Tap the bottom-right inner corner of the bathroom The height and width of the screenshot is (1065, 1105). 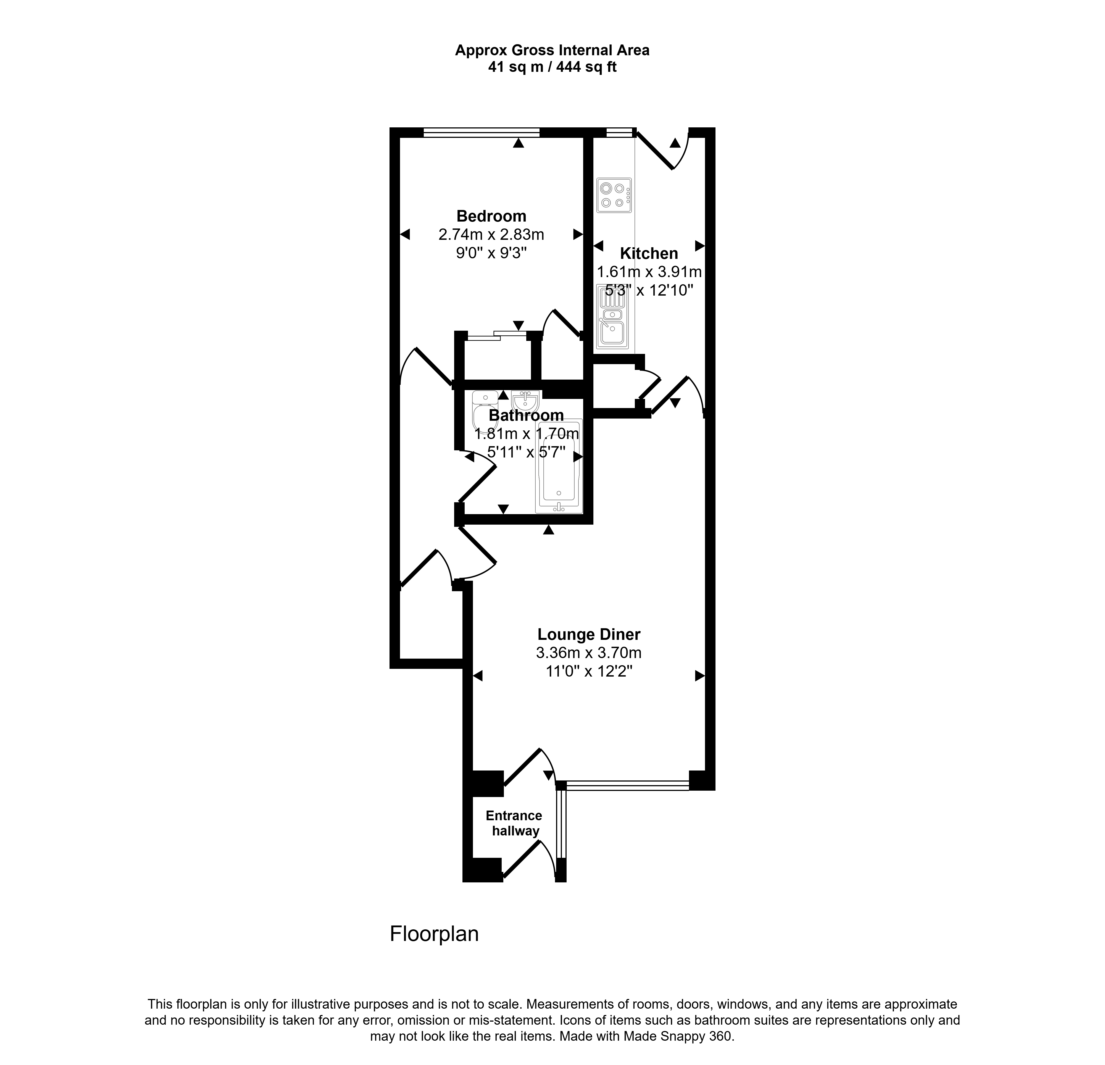point(583,514)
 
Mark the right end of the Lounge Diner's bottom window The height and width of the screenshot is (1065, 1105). point(689,784)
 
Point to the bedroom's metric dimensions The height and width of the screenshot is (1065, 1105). point(491,234)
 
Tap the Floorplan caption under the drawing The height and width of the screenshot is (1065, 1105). point(434,934)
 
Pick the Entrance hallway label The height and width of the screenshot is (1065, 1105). point(514,823)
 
